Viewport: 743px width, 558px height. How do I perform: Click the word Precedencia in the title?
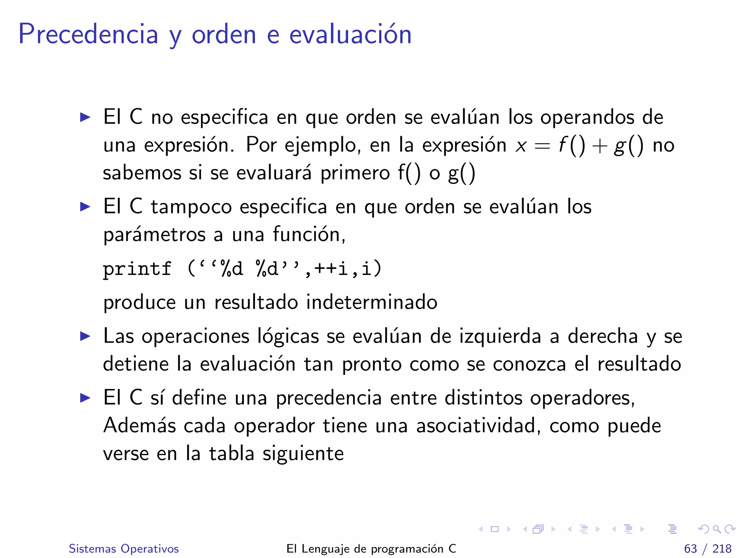88,34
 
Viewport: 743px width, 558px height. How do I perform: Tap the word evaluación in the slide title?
350,34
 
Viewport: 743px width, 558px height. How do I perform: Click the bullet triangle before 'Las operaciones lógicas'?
85,336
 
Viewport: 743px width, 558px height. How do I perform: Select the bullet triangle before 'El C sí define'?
85,398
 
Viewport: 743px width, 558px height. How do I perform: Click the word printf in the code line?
137,269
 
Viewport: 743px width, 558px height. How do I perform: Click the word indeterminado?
371,302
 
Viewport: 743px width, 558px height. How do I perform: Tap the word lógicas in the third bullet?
288,336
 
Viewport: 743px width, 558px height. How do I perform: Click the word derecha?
603,336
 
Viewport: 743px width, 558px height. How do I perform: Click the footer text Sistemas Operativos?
124,549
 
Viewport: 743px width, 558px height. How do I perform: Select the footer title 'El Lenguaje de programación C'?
371,549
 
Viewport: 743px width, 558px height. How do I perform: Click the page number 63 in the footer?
690,549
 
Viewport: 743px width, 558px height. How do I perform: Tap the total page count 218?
722,549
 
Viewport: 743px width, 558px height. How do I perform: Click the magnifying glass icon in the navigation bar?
717,529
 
